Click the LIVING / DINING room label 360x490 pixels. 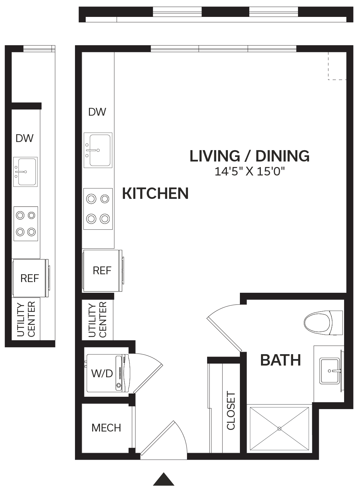(x=249, y=156)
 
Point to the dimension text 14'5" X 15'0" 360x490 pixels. (x=250, y=171)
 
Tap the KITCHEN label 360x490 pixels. (x=155, y=193)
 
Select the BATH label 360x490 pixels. (x=280, y=360)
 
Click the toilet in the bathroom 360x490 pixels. (x=323, y=323)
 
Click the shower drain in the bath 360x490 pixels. (x=279, y=429)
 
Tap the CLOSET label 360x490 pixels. (x=231, y=411)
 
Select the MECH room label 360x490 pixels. (x=106, y=428)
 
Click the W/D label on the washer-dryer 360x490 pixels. (x=102, y=373)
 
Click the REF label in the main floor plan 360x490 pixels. (x=102, y=271)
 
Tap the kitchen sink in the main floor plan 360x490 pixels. (x=98, y=150)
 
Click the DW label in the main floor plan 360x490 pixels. (x=97, y=112)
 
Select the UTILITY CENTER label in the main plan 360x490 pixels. (x=97, y=320)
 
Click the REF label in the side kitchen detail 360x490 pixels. (x=30, y=278)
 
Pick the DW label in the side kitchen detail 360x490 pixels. (x=24, y=138)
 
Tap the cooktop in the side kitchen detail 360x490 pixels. (x=26, y=224)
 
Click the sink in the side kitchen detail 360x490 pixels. (x=25, y=172)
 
